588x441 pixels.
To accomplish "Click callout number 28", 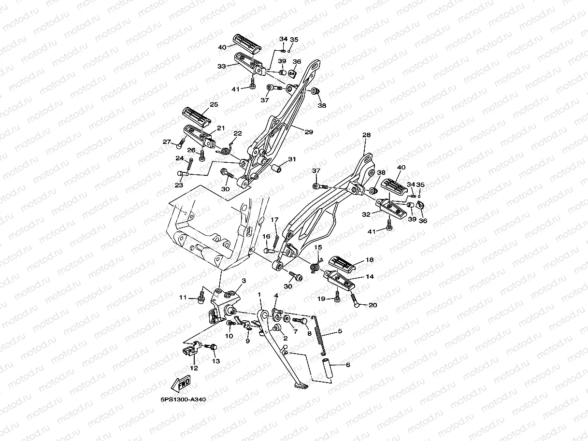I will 366,135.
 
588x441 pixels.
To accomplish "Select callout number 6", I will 347,365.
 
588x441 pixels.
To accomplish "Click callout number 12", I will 194,368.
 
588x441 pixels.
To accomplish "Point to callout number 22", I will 238,133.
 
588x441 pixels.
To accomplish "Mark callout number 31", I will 292,159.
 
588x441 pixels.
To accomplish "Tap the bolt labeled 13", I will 213,347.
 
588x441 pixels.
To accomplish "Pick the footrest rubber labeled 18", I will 345,262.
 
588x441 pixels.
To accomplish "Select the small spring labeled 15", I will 315,264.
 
